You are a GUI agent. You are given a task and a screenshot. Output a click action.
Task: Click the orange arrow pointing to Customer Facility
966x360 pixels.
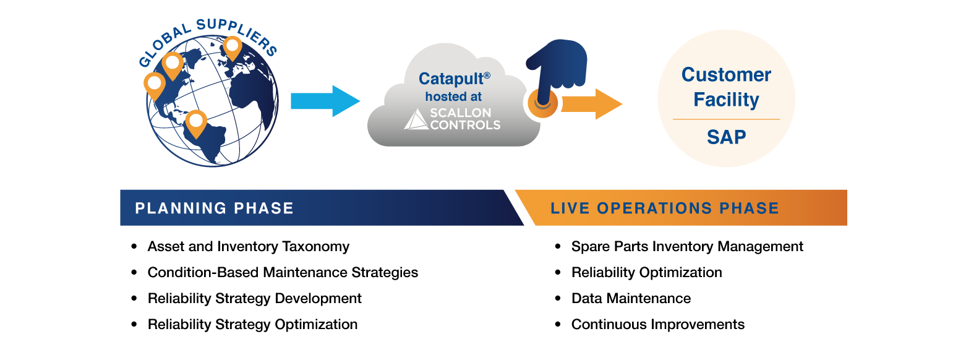point(594,103)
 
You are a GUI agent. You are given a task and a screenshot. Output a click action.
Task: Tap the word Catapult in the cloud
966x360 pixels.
point(450,79)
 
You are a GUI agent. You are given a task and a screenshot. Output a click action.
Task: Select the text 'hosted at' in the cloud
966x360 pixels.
point(453,97)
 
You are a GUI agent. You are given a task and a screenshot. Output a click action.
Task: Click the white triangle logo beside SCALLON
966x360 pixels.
point(415,119)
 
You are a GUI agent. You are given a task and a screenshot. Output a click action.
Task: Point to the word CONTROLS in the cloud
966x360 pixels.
point(464,125)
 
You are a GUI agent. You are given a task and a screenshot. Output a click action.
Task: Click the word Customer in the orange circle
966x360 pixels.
point(726,75)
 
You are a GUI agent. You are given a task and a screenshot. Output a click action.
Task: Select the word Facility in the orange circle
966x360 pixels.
point(726,100)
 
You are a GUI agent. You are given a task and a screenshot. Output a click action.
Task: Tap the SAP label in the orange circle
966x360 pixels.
point(726,137)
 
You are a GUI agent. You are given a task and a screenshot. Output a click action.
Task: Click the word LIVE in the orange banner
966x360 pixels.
point(570,208)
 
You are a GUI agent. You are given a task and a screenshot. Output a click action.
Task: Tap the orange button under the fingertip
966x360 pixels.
point(543,104)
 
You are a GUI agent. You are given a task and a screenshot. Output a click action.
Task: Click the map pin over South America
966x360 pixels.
point(196,122)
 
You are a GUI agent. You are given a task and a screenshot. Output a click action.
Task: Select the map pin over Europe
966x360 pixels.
point(233,46)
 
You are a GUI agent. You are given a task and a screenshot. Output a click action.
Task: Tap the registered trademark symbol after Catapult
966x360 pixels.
point(487,75)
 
